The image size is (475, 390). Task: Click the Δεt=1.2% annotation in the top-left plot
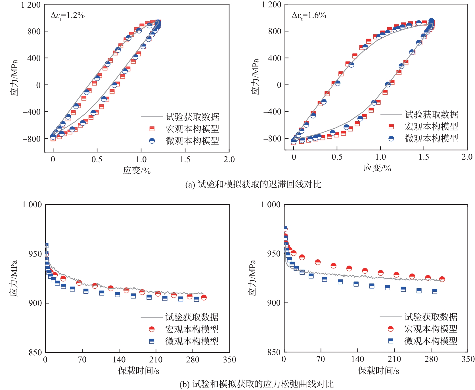click(68, 15)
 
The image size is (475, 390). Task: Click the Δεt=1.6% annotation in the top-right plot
click(309, 15)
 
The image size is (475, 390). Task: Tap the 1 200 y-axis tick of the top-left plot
click(31, 5)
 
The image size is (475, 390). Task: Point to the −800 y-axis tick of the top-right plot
click(272, 139)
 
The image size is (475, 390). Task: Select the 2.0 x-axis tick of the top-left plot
click(229, 159)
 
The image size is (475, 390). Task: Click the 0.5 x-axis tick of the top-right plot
click(337, 157)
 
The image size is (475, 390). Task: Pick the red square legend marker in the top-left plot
click(152, 129)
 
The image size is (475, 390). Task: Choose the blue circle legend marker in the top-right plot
click(391, 139)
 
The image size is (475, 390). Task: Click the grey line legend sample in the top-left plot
click(152, 117)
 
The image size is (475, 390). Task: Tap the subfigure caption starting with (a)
click(253, 185)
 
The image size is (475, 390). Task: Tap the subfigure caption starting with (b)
click(256, 384)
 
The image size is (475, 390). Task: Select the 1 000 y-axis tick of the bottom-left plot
click(32, 205)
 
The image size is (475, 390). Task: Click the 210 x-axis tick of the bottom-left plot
click(156, 360)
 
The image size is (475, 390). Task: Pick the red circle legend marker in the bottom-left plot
click(152, 329)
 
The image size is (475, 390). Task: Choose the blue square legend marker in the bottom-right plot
click(391, 341)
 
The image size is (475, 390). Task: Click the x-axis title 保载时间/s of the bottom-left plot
click(139, 370)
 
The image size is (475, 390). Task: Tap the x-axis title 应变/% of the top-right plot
click(377, 168)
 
